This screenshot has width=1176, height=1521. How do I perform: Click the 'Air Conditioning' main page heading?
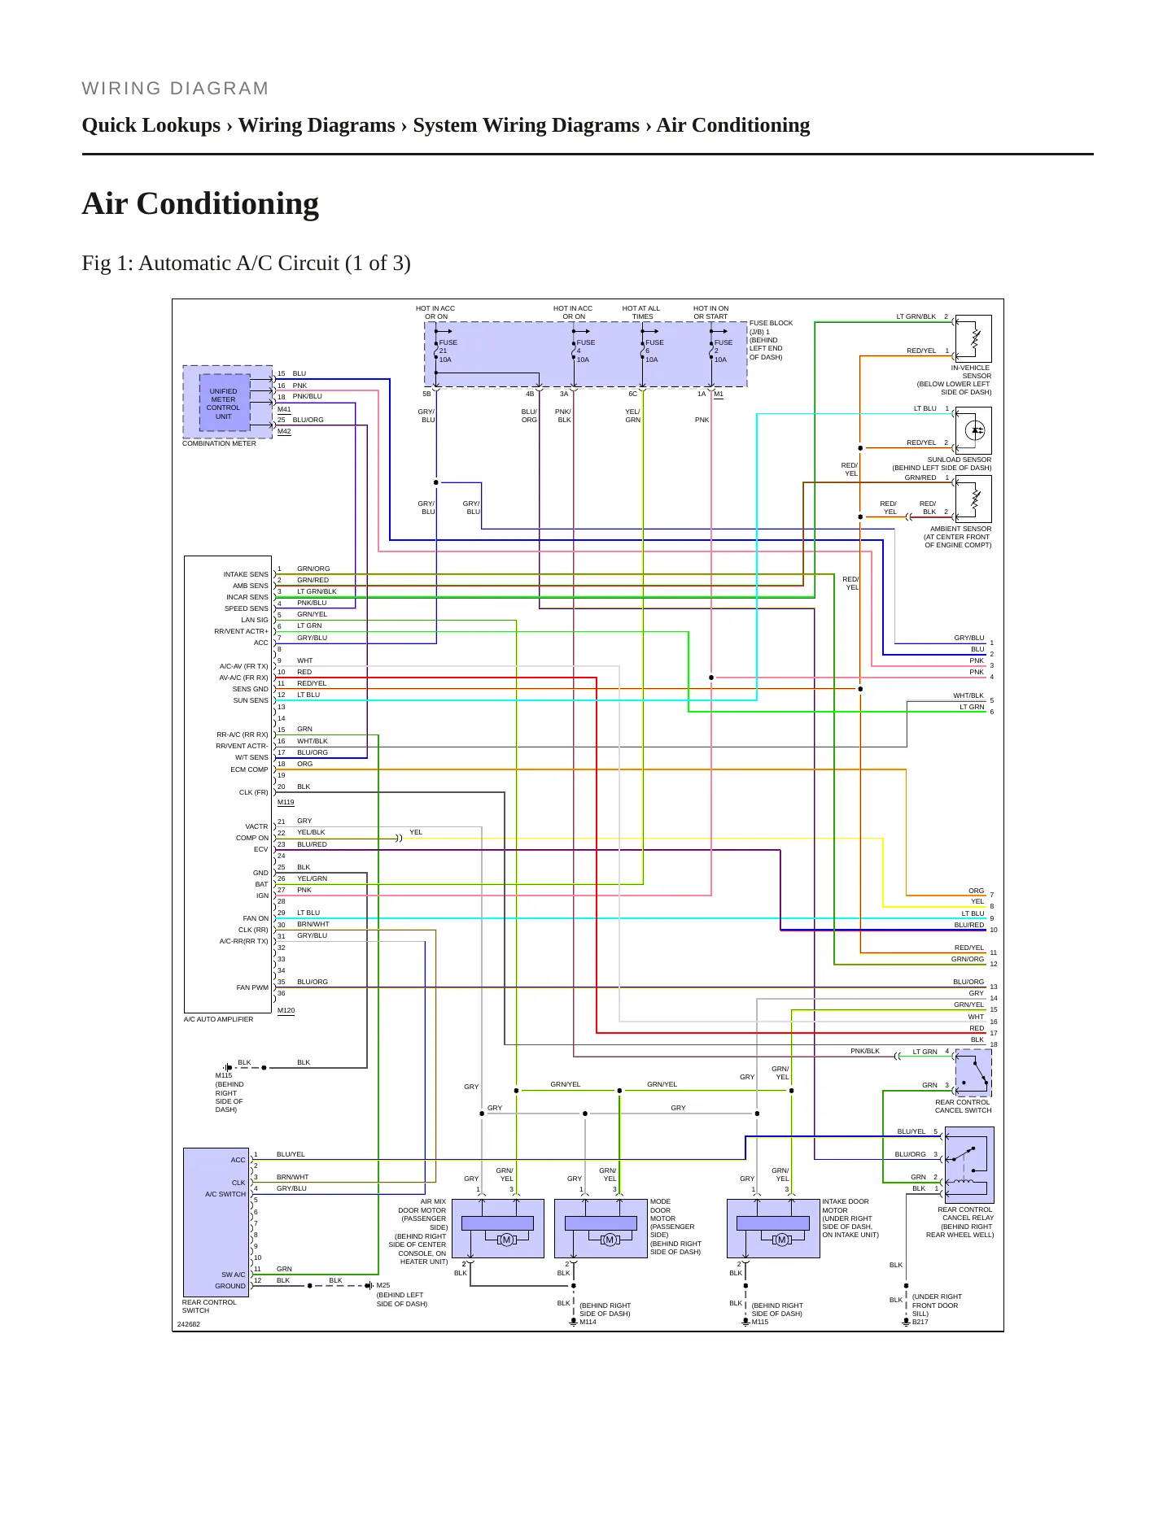point(200,203)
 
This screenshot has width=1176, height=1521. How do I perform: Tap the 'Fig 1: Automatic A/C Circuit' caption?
point(246,263)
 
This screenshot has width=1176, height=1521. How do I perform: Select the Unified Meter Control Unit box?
point(224,403)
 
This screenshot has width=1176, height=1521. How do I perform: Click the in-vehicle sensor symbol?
point(973,338)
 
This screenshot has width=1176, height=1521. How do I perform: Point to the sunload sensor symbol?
point(973,430)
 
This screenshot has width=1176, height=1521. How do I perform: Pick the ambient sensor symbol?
point(973,499)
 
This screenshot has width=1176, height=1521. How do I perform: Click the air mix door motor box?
point(497,1228)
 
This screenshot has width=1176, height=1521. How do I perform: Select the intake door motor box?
point(773,1228)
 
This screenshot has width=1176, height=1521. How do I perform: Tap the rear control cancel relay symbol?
point(969,1165)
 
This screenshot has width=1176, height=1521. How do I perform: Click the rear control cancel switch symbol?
point(973,1073)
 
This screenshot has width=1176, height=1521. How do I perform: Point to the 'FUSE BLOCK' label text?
point(771,323)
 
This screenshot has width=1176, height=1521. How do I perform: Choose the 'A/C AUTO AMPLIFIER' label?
point(218,1019)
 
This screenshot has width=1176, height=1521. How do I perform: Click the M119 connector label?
point(286,802)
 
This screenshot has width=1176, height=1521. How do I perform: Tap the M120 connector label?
point(286,1010)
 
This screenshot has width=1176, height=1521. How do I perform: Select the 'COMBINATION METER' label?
point(219,443)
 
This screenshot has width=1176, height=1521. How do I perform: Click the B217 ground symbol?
point(906,1322)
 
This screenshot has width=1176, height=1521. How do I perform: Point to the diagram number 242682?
point(189,1324)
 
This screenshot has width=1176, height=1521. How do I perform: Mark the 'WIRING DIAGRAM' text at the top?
point(175,89)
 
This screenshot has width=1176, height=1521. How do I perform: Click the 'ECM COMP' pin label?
point(249,769)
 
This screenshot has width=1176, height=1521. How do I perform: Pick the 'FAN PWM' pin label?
point(252,987)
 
